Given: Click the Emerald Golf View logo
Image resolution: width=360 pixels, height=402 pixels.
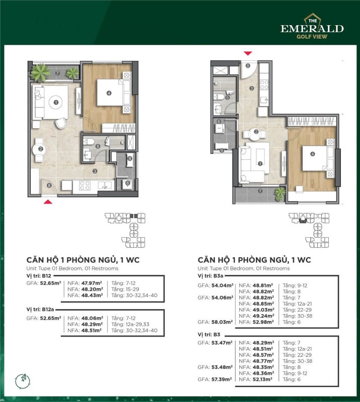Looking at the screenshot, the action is [x=312, y=26].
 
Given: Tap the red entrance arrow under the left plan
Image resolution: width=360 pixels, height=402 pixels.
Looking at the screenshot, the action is [x=48, y=202].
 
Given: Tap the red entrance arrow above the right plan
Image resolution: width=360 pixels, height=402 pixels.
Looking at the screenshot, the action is [x=247, y=53].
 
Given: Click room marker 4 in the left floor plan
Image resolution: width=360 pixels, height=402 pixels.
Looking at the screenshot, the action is [x=109, y=93].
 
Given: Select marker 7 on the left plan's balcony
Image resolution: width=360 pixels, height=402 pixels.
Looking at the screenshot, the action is [x=57, y=73].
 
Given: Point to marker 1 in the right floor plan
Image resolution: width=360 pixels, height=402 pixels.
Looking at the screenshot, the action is [x=260, y=163].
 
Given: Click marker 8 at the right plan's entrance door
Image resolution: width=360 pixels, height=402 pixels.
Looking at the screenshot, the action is [x=247, y=66].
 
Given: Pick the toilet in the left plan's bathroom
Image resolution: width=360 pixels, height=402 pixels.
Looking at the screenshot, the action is [x=88, y=142].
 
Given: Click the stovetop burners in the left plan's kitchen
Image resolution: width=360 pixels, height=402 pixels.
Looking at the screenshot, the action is [x=84, y=185].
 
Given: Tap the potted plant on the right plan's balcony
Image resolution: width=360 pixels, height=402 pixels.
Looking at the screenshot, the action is [x=280, y=194].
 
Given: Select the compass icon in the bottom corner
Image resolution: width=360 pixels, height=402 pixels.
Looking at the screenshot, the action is [x=23, y=380].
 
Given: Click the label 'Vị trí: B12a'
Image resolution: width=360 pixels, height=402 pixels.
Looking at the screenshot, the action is [x=40, y=310].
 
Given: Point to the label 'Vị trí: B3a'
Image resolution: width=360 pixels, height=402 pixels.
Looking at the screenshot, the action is [x=210, y=276].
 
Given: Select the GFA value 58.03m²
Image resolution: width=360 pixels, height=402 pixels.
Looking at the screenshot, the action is [x=222, y=322].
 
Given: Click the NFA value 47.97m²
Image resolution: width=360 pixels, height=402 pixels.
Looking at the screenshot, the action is [x=92, y=283].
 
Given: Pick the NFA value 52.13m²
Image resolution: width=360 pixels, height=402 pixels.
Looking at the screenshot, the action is [x=262, y=379].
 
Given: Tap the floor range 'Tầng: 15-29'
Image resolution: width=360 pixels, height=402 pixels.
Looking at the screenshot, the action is [x=125, y=289].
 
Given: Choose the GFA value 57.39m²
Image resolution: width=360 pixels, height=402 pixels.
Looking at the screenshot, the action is [x=222, y=379].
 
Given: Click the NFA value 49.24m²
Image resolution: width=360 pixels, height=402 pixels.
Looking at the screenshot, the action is [x=263, y=316].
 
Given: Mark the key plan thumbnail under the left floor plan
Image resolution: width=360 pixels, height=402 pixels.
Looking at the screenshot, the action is [x=125, y=230].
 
